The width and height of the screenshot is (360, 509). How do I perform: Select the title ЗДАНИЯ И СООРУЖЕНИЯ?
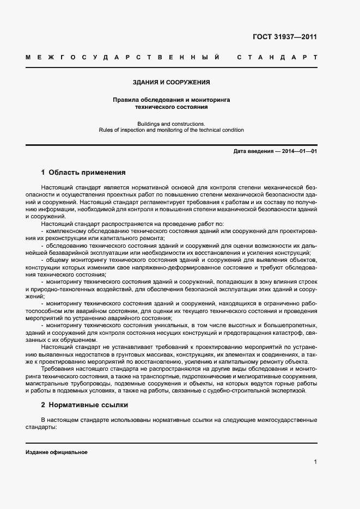171,82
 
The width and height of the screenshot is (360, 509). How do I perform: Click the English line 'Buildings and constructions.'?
171,124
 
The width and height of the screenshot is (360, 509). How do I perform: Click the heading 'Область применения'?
87,173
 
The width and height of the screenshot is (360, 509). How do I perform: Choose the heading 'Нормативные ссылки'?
89,405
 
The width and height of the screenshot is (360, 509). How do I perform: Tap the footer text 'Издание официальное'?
57,452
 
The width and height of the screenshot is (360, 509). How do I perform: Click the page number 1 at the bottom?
315,462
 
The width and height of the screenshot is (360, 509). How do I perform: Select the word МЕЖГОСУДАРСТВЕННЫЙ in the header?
123,57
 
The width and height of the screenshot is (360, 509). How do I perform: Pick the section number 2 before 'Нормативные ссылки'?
43,405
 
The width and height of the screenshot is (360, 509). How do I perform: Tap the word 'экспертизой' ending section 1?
290,390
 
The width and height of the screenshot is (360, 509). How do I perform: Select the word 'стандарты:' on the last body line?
41,427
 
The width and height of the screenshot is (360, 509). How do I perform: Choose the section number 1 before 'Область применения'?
43,173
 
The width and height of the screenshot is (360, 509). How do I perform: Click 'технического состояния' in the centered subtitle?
171,107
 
